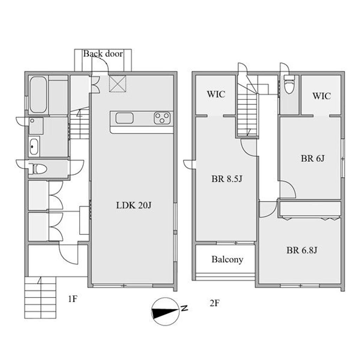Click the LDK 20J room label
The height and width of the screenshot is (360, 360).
point(134,205)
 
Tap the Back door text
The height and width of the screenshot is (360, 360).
point(103,53)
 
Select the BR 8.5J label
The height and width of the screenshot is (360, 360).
point(227,179)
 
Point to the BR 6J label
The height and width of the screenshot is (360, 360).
point(313,159)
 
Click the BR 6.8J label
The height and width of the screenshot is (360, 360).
point(302,250)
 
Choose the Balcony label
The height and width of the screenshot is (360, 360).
point(227,259)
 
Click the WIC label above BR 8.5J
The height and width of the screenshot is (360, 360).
point(216,94)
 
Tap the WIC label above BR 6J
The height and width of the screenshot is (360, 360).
point(321,96)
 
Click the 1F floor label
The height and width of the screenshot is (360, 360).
point(72,299)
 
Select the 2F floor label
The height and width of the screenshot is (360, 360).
point(215,303)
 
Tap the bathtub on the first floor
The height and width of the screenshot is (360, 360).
point(38,95)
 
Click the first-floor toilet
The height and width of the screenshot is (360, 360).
point(39,169)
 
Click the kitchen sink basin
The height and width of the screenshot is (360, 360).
point(124,118)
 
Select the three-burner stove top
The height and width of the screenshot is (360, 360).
point(162,118)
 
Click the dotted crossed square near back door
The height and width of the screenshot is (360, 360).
point(117,84)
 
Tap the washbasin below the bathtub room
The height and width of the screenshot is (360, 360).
point(34,147)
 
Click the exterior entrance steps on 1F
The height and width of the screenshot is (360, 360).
point(40,297)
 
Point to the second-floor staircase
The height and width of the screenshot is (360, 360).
point(247,110)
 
